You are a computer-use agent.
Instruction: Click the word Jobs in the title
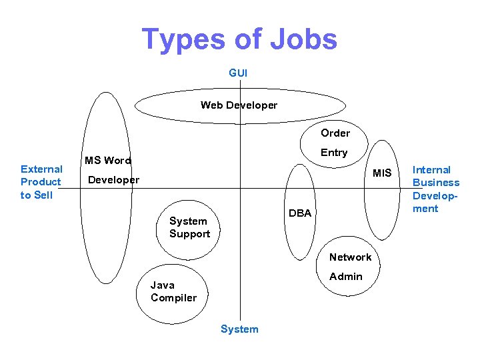coord(303,40)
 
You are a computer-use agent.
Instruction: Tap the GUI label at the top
coord(238,73)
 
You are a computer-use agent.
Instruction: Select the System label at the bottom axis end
coord(239,329)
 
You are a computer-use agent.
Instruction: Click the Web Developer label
coord(239,105)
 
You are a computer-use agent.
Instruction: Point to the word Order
coord(335,133)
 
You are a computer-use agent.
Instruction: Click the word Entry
coord(334,153)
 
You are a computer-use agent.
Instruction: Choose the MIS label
coord(382,173)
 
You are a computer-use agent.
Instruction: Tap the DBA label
coord(300,213)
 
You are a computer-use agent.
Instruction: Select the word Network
coord(350,257)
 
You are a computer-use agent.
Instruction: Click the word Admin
coord(346,277)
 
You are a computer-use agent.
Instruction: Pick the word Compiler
coord(173,298)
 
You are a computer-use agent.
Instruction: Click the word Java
coord(163,285)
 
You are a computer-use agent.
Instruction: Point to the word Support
coord(189,234)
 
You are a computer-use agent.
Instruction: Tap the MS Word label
coord(107,161)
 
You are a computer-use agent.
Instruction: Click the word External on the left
coord(41,169)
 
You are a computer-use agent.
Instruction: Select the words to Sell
coord(36,195)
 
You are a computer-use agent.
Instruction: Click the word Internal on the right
coord(432,170)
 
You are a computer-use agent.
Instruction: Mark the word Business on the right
coord(436,183)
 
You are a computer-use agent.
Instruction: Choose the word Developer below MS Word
coord(114,180)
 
